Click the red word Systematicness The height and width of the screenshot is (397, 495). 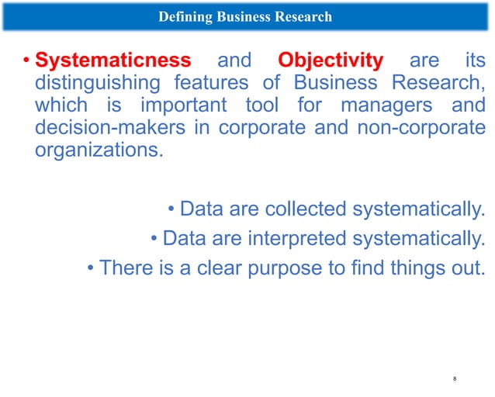coord(113,60)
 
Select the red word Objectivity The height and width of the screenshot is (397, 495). coord(331,60)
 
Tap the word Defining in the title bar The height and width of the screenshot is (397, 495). coord(182,16)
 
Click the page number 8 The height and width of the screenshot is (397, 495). coord(454,378)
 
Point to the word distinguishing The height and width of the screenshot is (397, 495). coord(95,82)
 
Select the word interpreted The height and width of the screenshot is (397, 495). coord(296,238)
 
